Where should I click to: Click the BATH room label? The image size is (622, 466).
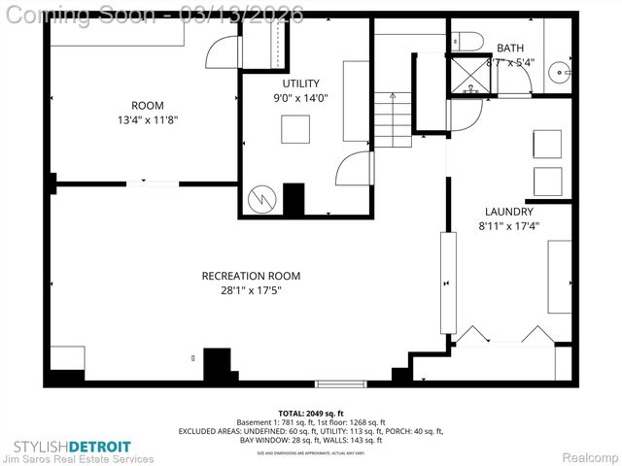(509, 49)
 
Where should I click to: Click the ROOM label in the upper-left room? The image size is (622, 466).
(148, 106)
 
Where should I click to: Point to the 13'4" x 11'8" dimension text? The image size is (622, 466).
(148, 120)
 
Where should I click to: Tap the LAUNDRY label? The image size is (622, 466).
(509, 212)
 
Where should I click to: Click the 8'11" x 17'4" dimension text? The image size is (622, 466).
(509, 226)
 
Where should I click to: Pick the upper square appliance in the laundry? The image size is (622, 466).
(547, 145)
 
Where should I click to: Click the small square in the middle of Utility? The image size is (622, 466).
(294, 129)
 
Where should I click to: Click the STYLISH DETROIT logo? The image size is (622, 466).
(78, 446)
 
